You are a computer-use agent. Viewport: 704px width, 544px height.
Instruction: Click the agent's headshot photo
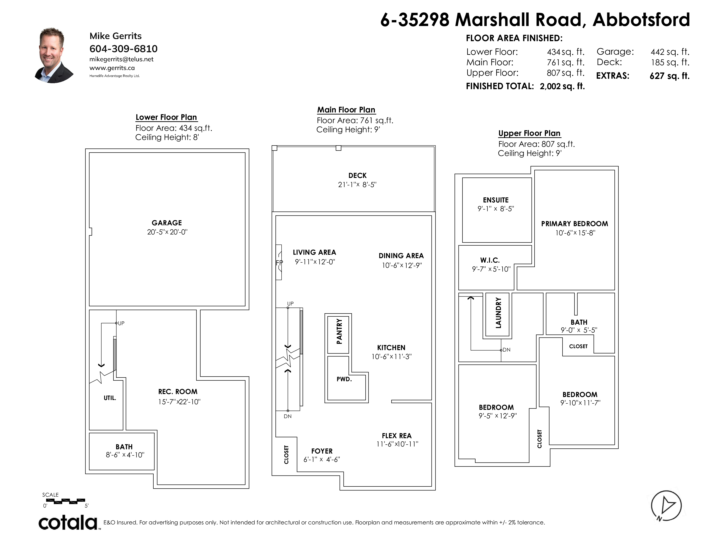(x=54, y=55)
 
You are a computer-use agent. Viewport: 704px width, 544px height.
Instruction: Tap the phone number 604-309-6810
(x=124, y=49)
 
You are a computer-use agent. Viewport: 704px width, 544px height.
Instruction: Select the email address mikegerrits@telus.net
(x=122, y=59)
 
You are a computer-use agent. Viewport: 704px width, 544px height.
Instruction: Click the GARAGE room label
(x=167, y=223)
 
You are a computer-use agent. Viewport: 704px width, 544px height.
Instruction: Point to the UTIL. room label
(x=110, y=398)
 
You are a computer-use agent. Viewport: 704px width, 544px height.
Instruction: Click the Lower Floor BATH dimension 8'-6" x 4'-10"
(x=125, y=455)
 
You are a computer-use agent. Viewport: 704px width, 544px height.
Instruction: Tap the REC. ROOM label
(x=178, y=391)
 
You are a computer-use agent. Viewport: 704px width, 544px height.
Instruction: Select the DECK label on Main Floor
(x=358, y=176)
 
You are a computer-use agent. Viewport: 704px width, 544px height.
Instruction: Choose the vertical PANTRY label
(x=339, y=331)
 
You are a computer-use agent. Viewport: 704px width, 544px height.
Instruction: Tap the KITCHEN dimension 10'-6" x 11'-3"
(x=392, y=357)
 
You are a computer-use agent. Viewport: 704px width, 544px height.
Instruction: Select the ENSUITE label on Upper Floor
(x=496, y=200)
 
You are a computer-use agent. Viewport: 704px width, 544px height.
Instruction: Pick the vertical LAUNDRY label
(x=498, y=313)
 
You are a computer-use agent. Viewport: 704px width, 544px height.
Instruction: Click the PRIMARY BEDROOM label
(x=575, y=224)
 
